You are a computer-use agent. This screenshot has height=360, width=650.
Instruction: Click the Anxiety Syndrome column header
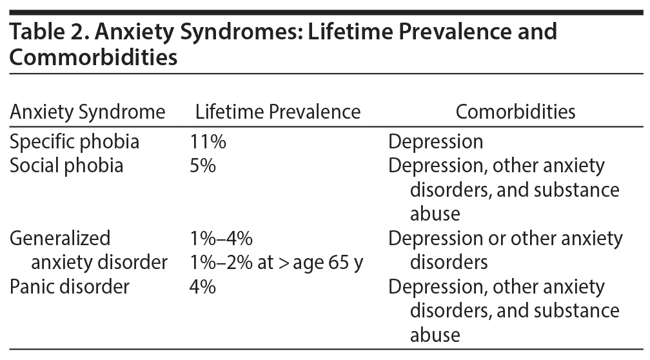[88, 112]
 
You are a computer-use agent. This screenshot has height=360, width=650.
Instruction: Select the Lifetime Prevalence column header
[278, 112]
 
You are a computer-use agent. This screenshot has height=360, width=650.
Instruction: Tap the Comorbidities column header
[515, 112]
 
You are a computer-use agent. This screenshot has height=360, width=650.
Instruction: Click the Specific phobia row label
[74, 141]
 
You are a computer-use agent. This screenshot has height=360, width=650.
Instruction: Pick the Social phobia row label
[66, 166]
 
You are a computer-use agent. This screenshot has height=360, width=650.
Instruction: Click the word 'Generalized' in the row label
[60, 239]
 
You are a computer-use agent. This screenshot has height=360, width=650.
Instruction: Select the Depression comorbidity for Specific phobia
[435, 141]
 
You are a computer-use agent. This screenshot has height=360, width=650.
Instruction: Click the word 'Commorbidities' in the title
[94, 57]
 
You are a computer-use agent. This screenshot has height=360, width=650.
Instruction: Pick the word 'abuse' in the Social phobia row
[435, 214]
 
